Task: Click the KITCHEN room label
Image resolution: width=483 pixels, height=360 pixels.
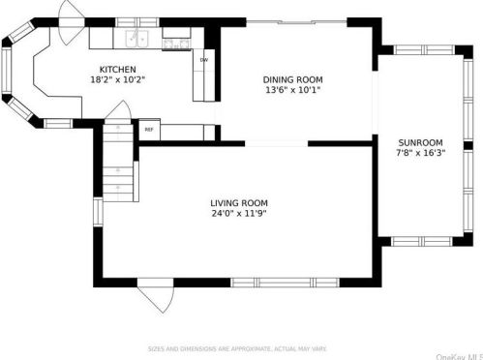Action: pyautogui.click(x=117, y=70)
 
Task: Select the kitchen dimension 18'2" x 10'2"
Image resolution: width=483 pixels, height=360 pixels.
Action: pyautogui.click(x=117, y=80)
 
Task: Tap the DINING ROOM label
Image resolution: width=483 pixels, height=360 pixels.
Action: pyautogui.click(x=293, y=79)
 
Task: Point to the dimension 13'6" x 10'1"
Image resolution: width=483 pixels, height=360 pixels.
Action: pyautogui.click(x=293, y=90)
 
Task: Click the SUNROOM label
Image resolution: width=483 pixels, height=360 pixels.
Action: pyautogui.click(x=421, y=140)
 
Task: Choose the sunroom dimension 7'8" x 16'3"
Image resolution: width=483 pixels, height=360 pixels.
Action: pyautogui.click(x=421, y=151)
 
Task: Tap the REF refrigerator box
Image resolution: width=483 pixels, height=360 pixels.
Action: pyautogui.click(x=149, y=129)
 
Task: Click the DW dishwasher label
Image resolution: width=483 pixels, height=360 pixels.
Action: pyautogui.click(x=204, y=60)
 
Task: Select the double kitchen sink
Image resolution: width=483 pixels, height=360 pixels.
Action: pyautogui.click(x=136, y=40)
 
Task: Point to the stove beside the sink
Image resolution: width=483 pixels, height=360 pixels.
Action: pyautogui.click(x=175, y=41)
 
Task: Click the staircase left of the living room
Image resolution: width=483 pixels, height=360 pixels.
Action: pyautogui.click(x=118, y=169)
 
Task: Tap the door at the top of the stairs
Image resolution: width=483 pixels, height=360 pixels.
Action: pyautogui.click(x=116, y=130)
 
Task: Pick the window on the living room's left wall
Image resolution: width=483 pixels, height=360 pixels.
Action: pyautogui.click(x=97, y=212)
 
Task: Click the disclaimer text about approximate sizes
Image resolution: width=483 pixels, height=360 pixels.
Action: pyautogui.click(x=237, y=348)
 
